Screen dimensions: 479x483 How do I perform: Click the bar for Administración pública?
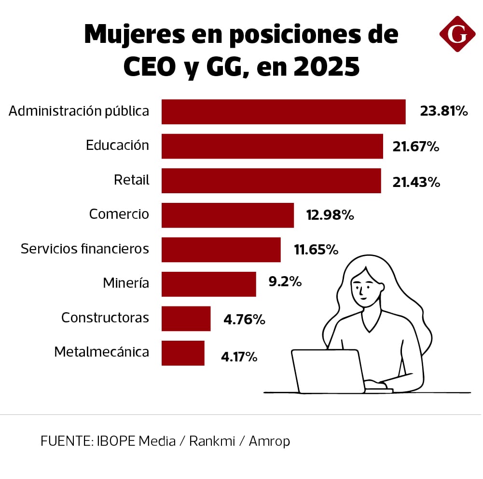point(283,112)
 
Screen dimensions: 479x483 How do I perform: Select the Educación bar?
point(272,146)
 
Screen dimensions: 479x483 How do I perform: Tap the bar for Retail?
point(271,181)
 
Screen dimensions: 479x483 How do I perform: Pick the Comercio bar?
point(228,215)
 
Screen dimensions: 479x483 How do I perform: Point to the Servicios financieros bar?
point(221,250)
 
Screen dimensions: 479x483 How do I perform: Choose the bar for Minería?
point(208,284)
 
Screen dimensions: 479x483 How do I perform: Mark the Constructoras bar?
point(186,319)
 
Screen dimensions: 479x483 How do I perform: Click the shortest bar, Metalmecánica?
point(183,353)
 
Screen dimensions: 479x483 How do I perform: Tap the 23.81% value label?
point(444,112)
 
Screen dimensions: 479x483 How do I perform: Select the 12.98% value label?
point(330,215)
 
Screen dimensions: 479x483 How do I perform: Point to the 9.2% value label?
point(285,282)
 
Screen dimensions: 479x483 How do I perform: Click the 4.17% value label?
point(239,357)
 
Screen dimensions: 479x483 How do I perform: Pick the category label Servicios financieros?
point(85,249)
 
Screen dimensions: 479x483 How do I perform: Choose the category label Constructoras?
point(105,318)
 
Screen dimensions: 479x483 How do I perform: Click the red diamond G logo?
point(457,34)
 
